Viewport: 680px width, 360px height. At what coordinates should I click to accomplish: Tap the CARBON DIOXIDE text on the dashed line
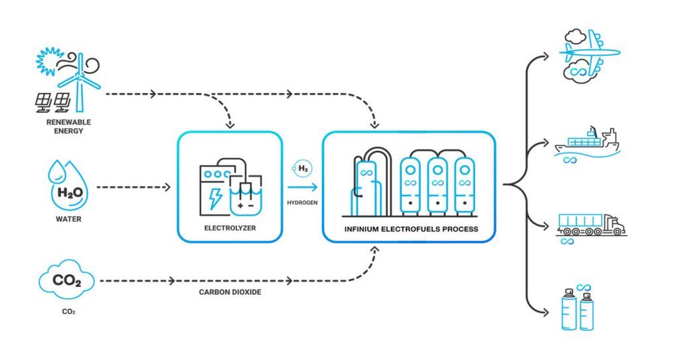point(230,292)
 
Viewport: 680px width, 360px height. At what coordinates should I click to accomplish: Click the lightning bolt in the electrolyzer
point(215,197)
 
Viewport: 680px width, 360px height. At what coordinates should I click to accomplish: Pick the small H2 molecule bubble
point(302,169)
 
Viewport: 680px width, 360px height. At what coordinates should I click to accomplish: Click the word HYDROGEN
point(301,202)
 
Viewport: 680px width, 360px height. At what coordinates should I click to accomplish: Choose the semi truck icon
point(590,225)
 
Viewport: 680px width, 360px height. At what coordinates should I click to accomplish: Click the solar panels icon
point(53,102)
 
